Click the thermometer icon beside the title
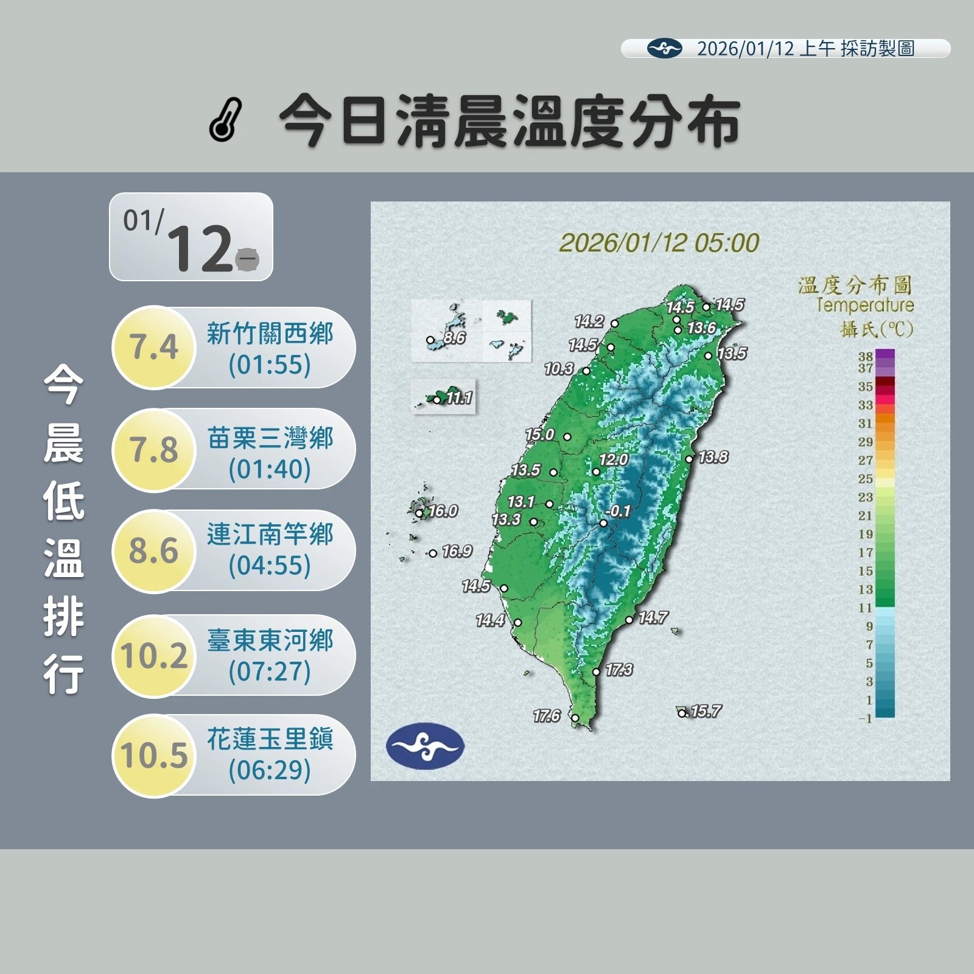point(226,119)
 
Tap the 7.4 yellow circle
point(154,347)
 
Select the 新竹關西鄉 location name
point(270,334)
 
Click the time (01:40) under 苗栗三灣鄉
point(270,469)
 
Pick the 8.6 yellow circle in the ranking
point(154,551)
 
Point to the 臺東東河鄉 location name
point(270,640)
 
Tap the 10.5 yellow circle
point(154,755)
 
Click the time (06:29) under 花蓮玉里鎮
point(270,770)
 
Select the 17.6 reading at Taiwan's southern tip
point(547,716)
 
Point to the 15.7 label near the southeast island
point(706,711)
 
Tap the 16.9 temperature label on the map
point(457,551)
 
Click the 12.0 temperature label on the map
point(614,460)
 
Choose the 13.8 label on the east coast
point(713,457)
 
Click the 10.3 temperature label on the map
point(559,368)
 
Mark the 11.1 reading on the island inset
point(459,398)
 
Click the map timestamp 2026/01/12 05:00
point(659,243)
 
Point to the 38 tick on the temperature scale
point(866,356)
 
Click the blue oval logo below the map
point(425,745)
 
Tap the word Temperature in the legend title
point(864,305)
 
